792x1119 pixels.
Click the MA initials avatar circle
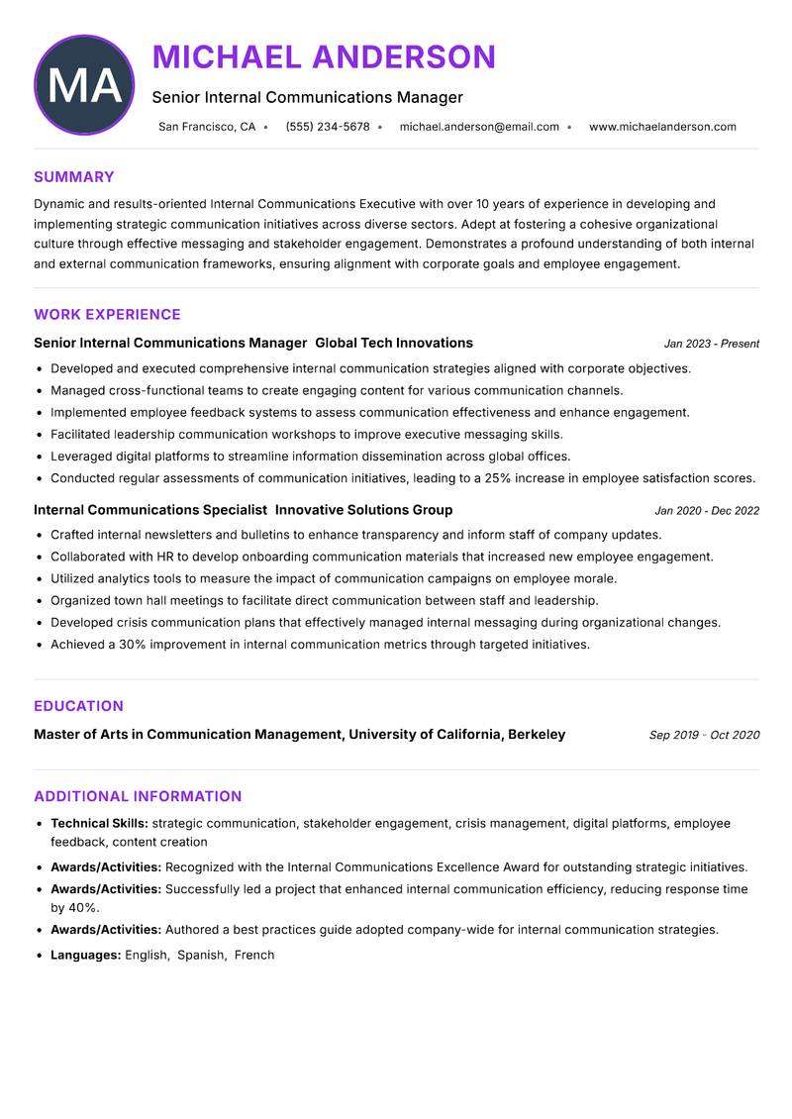click(84, 85)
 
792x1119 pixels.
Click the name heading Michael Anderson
click(324, 56)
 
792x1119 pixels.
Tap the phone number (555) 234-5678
click(327, 127)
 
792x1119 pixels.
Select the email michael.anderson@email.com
click(479, 127)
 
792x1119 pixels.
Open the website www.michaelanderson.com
click(662, 127)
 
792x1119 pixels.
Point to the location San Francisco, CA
click(207, 127)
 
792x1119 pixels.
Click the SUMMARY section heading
click(74, 177)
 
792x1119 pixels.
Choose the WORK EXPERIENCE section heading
click(107, 315)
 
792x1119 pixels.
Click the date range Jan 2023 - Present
click(711, 344)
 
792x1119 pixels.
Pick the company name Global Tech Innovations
click(394, 343)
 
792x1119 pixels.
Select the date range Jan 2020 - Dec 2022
click(707, 511)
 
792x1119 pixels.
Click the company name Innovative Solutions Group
click(363, 510)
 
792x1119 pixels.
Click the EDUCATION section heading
click(78, 706)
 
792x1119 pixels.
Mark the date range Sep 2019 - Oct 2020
click(704, 735)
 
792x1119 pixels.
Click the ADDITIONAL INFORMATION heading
click(138, 796)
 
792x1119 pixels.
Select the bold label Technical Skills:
click(99, 823)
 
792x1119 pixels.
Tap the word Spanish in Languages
click(201, 956)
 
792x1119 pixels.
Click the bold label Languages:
click(86, 956)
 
